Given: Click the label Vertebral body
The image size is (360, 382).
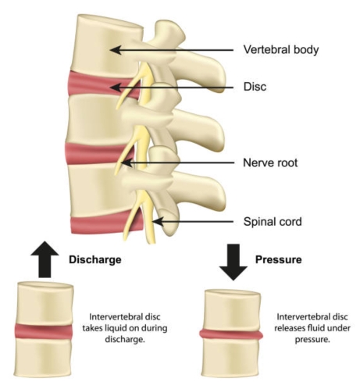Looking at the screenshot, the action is [x=281, y=50].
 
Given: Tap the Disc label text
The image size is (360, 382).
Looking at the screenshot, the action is [x=255, y=87].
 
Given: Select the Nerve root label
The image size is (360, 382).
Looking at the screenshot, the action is [x=270, y=162].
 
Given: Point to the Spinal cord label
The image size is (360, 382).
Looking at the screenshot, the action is [x=273, y=222].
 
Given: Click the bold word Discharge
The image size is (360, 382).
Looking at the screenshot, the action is [x=95, y=259].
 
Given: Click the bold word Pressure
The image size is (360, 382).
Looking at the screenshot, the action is [x=279, y=259].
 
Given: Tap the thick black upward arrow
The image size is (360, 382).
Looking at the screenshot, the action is [x=45, y=259].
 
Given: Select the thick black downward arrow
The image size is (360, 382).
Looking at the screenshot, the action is [x=233, y=262].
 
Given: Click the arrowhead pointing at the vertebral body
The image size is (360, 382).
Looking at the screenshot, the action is [x=116, y=50].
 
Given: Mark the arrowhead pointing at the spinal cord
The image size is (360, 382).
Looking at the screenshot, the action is [x=158, y=222].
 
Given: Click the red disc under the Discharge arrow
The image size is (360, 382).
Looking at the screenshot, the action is [x=43, y=331].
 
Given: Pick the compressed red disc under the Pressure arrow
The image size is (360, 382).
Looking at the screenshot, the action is [x=231, y=334].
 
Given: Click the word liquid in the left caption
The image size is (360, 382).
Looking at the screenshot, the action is [x=116, y=328].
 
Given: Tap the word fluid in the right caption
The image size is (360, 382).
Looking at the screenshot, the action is [x=315, y=328].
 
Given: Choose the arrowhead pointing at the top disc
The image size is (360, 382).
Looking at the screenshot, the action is [x=116, y=87].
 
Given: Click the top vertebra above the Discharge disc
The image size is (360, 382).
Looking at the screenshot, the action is [x=45, y=303].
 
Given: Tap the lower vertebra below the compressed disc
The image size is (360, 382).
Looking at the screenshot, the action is [x=231, y=357].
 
